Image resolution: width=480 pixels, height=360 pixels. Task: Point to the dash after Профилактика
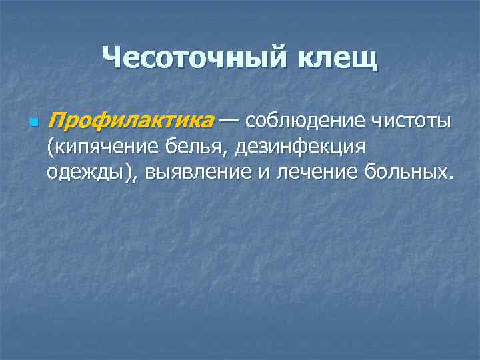(229, 121)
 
